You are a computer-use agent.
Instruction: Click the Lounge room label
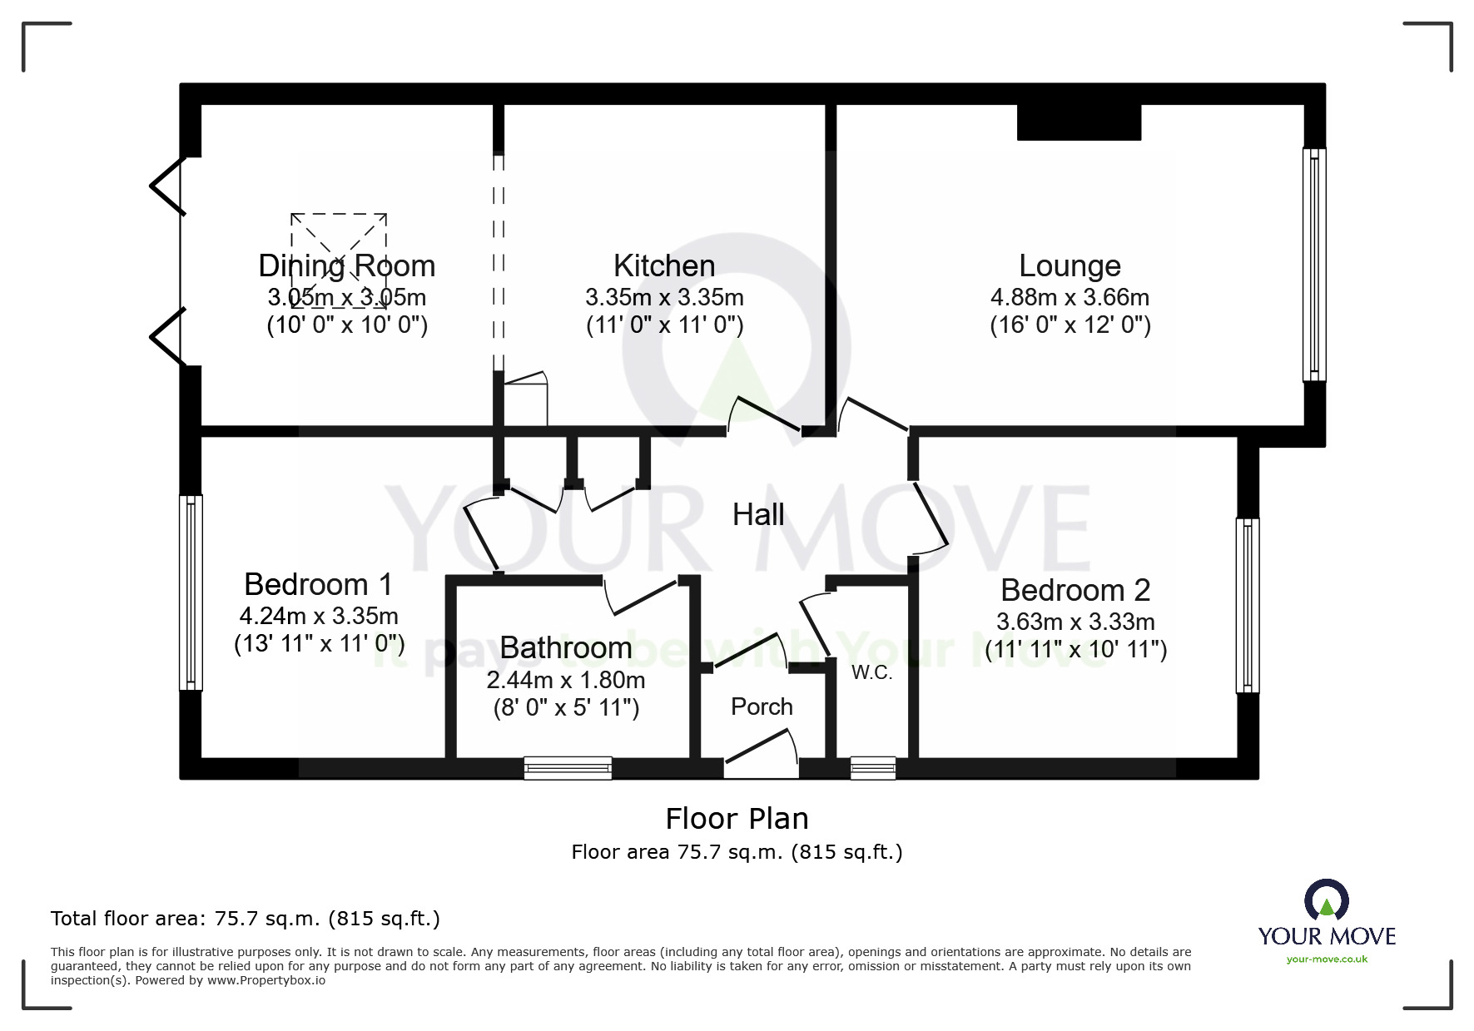1070,266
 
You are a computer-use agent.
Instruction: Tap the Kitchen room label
664,266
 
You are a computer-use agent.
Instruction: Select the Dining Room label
347,266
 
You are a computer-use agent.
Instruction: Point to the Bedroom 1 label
318,584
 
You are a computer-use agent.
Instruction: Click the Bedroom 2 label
1075,590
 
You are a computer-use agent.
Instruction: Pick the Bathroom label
566,647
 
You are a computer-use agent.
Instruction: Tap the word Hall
758,514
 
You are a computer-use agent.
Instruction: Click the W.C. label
871,673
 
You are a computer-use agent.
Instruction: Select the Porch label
762,706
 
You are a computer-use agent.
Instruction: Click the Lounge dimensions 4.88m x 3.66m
1070,297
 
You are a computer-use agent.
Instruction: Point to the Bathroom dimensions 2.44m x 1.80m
566,680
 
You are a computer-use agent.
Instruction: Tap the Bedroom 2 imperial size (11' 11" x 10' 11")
1075,649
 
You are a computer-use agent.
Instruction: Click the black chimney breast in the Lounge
1079,122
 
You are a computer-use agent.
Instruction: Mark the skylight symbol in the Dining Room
339,260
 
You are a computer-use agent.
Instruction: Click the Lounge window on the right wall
1314,265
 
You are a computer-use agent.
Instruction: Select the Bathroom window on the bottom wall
568,768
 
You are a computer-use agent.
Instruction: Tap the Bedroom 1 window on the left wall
191,592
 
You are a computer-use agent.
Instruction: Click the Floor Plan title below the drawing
737,819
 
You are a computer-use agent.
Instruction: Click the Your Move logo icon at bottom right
1327,901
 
